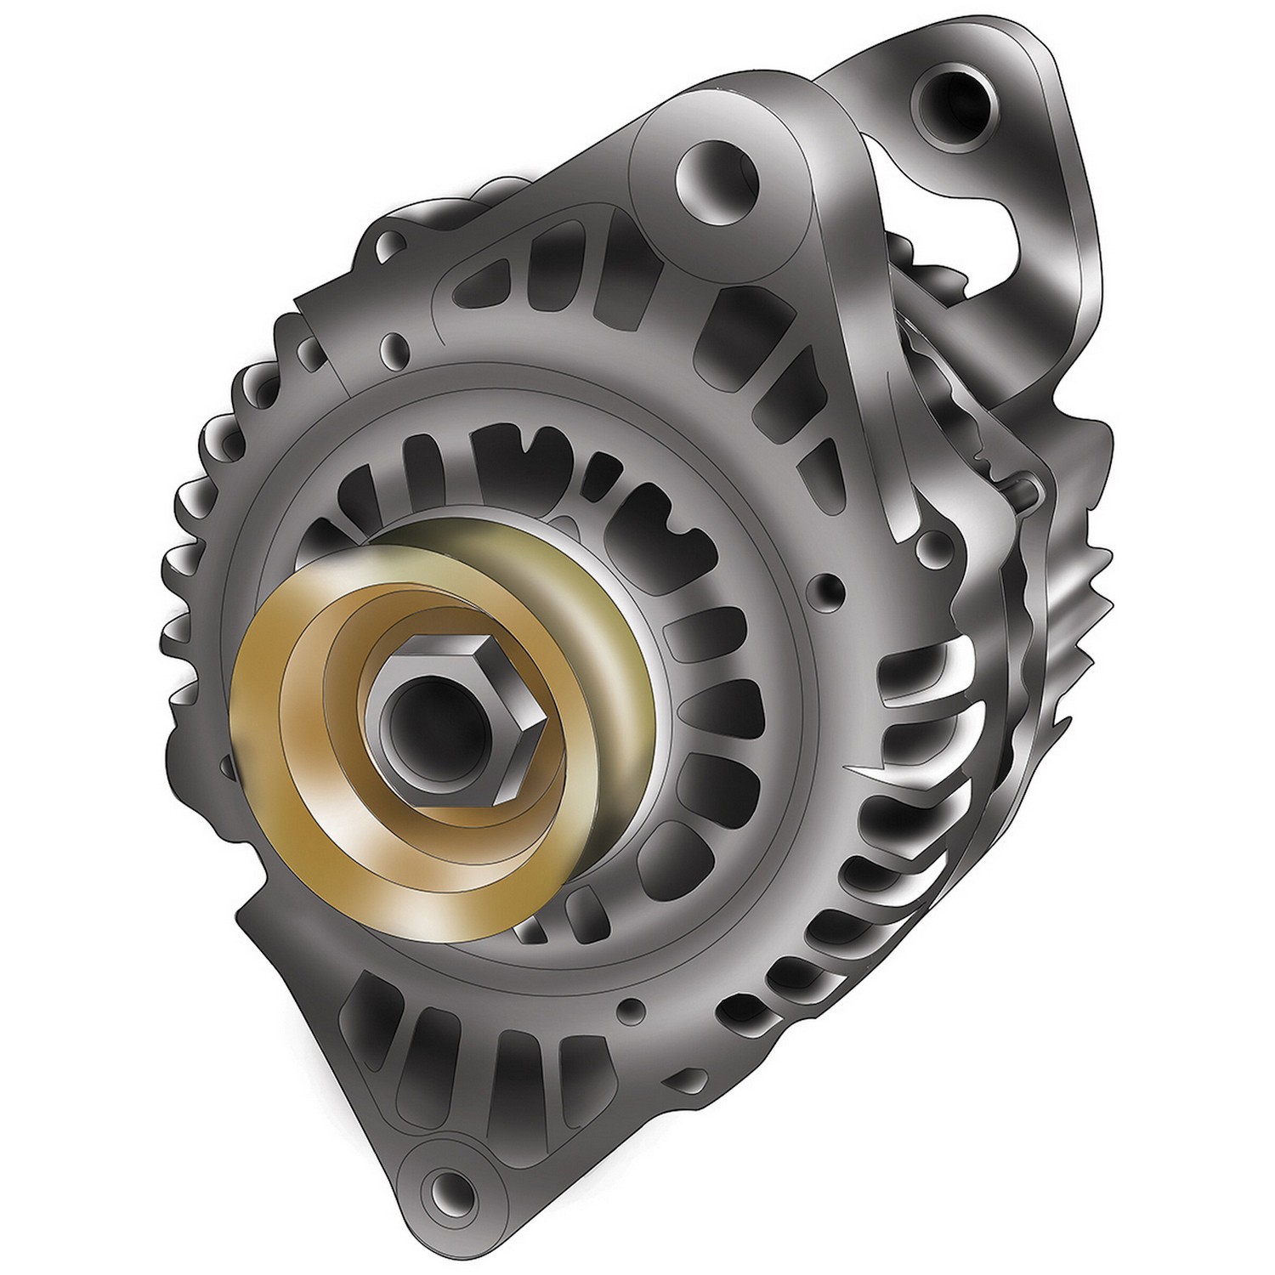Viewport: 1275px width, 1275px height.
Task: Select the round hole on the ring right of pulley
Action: coord(827,586)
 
